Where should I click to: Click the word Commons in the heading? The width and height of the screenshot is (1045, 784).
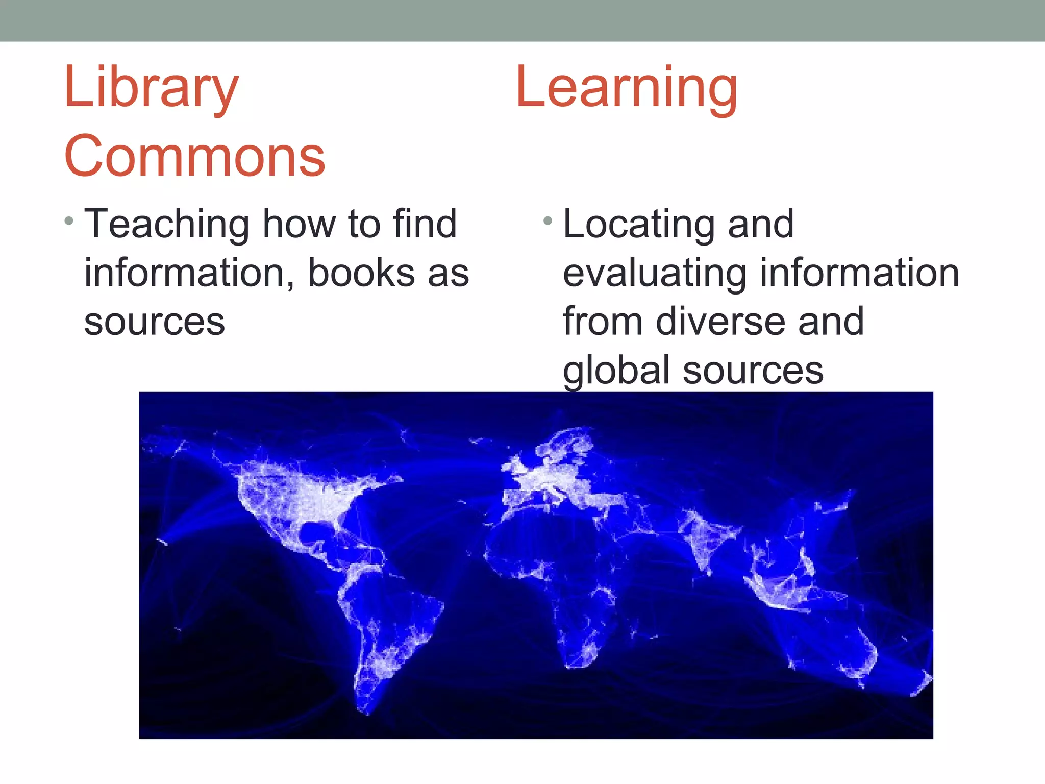[x=194, y=157]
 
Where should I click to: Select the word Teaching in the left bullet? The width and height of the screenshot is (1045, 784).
[x=166, y=225]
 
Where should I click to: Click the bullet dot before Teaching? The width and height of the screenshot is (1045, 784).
[x=69, y=222]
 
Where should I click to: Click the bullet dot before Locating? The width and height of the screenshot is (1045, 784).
[x=548, y=222]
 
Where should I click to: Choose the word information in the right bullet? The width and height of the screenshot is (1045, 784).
[x=859, y=273]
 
